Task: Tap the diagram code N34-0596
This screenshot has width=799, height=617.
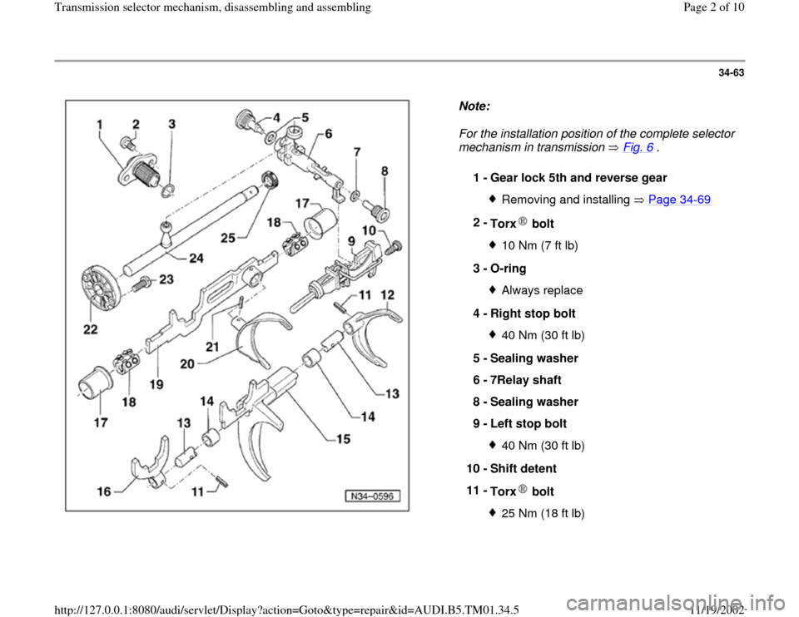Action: (x=372, y=496)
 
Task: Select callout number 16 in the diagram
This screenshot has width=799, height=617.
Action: (x=104, y=491)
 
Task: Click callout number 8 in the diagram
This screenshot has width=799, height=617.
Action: (x=384, y=170)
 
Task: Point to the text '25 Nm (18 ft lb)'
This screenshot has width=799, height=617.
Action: (x=543, y=515)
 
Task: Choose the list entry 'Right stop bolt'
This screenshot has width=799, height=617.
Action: (x=535, y=313)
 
